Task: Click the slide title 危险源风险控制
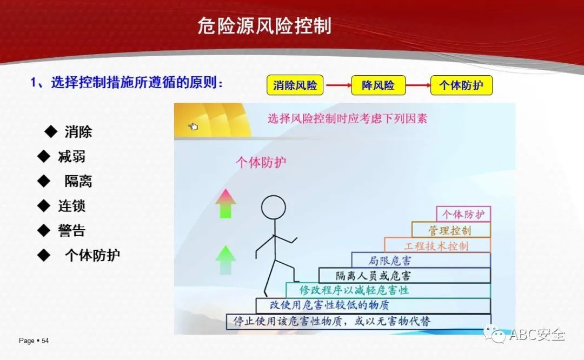264,26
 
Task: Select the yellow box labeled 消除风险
295,85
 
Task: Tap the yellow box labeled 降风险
378,85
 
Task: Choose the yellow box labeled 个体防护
461,85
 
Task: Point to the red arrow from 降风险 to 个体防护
418,85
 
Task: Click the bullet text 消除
78,132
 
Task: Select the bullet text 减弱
71,156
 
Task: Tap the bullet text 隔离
78,181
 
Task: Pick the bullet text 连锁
71,206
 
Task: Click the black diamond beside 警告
44,230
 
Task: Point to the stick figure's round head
274,208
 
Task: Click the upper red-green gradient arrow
225,203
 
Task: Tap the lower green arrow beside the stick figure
225,260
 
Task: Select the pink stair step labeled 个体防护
463,214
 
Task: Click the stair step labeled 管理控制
451,230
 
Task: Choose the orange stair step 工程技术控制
437,245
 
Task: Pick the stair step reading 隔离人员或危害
404,276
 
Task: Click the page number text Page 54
34,341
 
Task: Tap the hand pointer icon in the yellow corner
193,127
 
